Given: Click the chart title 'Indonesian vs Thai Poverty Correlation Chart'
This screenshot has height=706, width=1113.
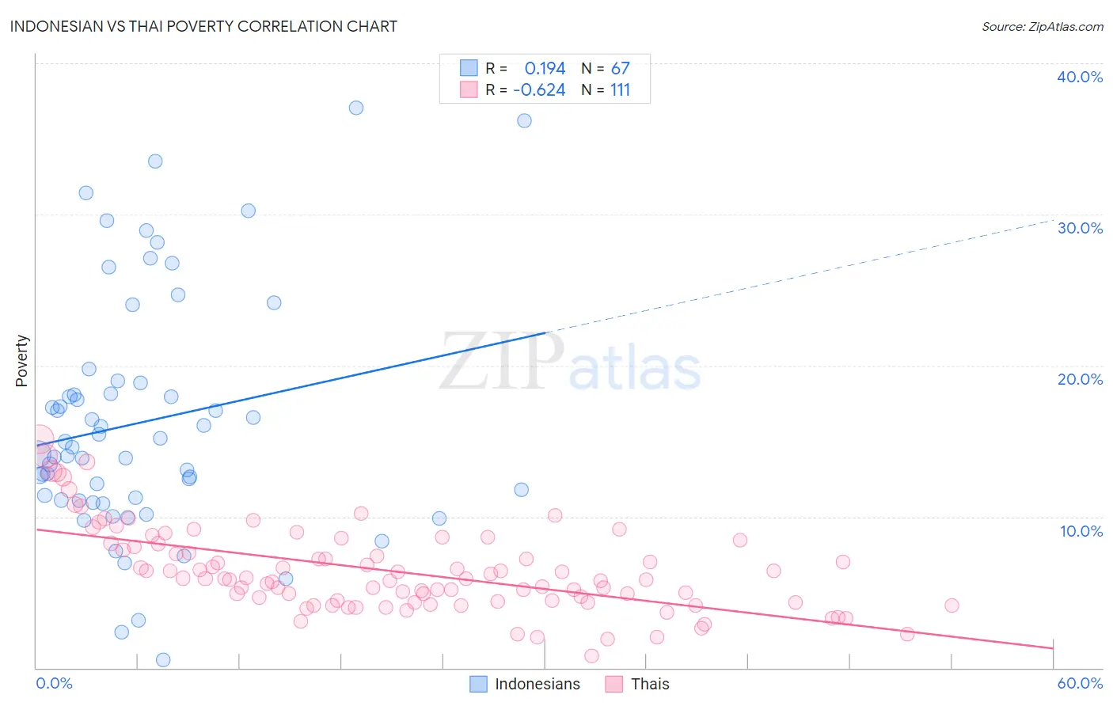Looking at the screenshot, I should pos(204,26).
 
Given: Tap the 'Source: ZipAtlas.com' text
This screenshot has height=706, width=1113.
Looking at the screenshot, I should pos(1042,26).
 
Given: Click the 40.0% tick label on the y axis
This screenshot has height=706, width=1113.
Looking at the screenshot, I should pos(1080,77).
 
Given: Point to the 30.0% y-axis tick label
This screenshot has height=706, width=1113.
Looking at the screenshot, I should pos(1080,228).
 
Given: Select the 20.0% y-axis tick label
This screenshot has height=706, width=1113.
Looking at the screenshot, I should pos(1080,379).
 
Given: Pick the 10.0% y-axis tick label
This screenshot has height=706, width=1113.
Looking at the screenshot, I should pos(1081,531).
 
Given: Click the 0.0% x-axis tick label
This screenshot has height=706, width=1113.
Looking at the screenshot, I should pos(54,683).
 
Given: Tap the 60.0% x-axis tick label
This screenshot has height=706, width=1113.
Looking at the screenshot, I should pos(1080,683).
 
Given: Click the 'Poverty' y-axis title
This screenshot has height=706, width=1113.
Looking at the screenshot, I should pos(21,361).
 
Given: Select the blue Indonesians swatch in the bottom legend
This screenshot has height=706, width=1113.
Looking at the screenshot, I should pos(478,684).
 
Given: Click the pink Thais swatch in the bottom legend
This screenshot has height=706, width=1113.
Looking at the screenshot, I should pos(614,684).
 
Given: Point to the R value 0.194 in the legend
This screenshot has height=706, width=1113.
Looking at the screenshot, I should pos(545,68).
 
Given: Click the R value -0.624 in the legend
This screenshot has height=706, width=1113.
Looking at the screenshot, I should pos(539,89).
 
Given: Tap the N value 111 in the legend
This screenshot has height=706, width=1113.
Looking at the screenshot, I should pos(620,89).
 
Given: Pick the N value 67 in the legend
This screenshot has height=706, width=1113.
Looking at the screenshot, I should pos(620,68).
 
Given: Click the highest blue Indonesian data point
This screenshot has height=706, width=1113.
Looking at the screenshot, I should pos(356,108).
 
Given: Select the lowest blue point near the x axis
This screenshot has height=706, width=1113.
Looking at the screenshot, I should pos(163,660).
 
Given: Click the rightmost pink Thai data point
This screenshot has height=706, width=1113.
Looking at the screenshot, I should pos(952,605).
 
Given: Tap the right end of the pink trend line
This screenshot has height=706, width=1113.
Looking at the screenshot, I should pos(1053,648).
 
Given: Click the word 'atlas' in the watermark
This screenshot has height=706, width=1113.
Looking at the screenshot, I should pos(635,367).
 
